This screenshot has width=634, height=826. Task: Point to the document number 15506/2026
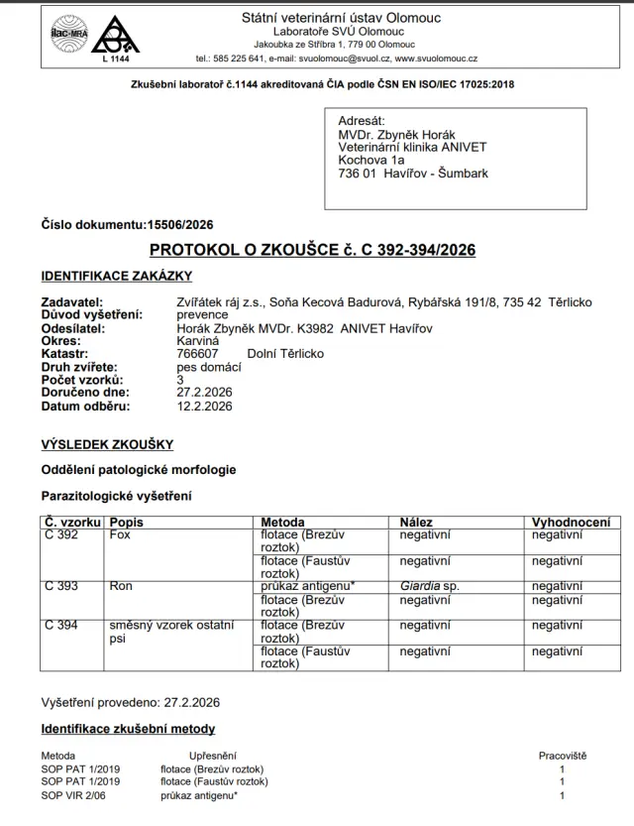(x=179, y=224)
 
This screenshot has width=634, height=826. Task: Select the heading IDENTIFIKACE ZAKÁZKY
(x=116, y=276)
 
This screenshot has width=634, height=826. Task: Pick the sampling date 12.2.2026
(x=203, y=406)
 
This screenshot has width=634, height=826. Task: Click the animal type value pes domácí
(x=208, y=367)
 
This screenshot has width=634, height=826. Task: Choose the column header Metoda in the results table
(x=282, y=522)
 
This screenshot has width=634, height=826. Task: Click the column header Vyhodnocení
(x=571, y=522)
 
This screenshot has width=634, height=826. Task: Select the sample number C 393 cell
(x=61, y=586)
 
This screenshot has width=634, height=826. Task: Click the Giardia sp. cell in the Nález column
(x=430, y=586)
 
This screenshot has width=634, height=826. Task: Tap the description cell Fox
(x=120, y=534)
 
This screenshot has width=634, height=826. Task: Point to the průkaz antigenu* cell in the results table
(x=307, y=586)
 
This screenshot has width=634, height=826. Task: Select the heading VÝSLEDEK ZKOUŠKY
(x=106, y=445)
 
